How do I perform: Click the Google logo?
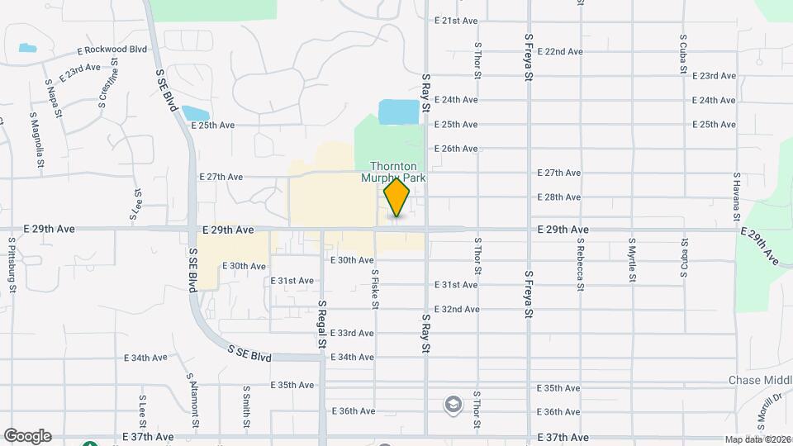[x=26, y=436]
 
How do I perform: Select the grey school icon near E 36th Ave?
[x=453, y=404]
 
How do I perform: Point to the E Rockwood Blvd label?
[x=112, y=50]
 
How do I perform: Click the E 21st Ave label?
[x=460, y=21]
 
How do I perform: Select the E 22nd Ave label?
[x=560, y=51]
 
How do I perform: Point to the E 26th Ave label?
[x=460, y=149]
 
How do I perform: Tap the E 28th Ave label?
[x=559, y=197]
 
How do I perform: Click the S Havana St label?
[x=736, y=197]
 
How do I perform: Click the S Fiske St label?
[x=375, y=288]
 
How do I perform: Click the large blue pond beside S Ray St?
[x=399, y=111]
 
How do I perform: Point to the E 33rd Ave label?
[x=352, y=334]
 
